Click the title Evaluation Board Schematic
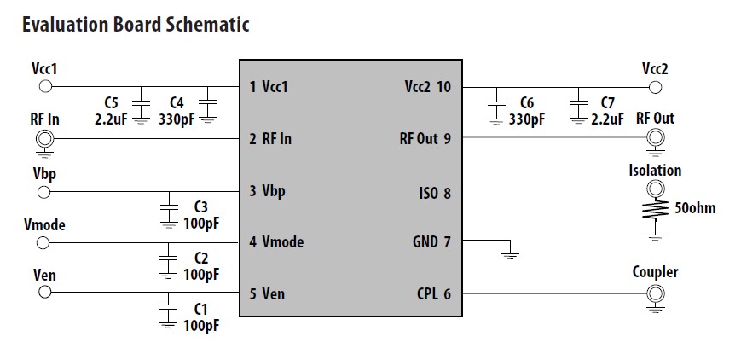tap(135, 24)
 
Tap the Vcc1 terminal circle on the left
tap(46, 86)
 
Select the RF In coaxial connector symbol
tap(46, 138)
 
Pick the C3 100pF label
tap(201, 216)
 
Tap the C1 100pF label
tap(201, 316)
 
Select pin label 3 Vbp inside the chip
tap(267, 190)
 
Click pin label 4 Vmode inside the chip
tap(276, 242)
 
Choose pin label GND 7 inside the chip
tap(431, 242)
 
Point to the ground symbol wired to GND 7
tap(510, 253)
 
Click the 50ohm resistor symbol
tap(655, 210)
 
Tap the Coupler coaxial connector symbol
tap(655, 294)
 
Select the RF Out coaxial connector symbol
tap(655, 138)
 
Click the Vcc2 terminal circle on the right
tap(655, 86)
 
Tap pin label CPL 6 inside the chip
tap(434, 294)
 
